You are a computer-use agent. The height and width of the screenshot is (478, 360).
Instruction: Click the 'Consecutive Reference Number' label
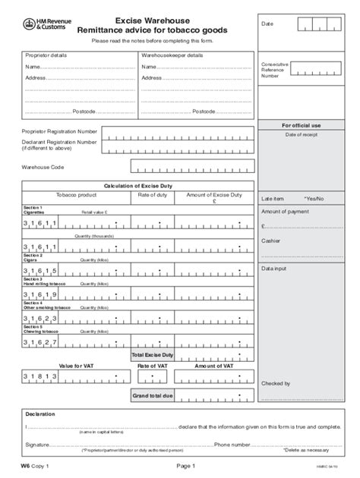(274, 70)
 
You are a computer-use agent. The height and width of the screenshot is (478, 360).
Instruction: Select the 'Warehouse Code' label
(43, 166)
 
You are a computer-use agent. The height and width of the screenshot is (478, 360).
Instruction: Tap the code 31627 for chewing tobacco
(40, 342)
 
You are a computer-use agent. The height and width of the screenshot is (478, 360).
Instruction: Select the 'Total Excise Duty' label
(153, 354)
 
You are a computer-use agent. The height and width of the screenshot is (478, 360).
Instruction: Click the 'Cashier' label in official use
(271, 241)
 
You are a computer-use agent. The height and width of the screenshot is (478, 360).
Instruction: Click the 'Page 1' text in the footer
(186, 466)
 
